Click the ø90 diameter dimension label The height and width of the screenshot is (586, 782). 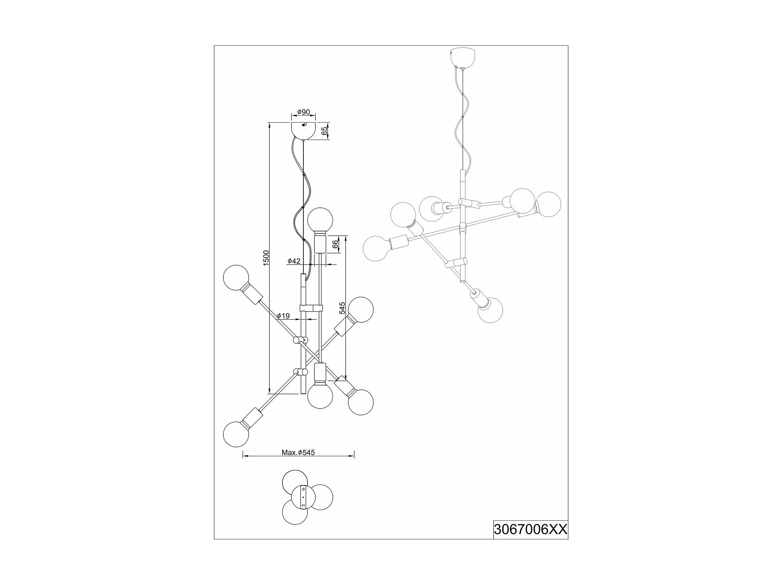(x=303, y=112)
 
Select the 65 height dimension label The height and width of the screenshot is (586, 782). (x=325, y=131)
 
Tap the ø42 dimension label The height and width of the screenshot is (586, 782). (x=294, y=261)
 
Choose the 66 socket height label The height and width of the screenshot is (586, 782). (x=335, y=244)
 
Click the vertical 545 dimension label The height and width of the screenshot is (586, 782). (x=342, y=308)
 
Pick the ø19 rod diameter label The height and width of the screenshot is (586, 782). (x=283, y=316)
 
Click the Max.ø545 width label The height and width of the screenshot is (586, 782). (x=298, y=453)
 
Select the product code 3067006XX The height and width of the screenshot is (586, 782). (x=530, y=529)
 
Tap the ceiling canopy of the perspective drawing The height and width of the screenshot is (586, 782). (x=462, y=58)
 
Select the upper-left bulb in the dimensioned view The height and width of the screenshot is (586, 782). (x=236, y=278)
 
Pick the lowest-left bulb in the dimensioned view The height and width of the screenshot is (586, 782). (x=236, y=434)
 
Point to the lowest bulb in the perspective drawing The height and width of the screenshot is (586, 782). (x=490, y=310)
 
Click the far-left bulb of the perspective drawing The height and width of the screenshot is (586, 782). (x=376, y=248)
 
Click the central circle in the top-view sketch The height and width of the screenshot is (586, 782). (x=303, y=497)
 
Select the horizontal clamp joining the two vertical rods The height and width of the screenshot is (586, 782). (x=311, y=308)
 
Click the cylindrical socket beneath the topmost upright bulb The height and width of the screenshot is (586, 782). (x=320, y=245)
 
